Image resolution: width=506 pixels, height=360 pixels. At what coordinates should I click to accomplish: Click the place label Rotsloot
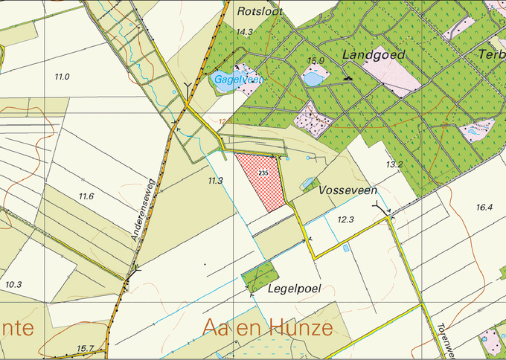tap(257, 12)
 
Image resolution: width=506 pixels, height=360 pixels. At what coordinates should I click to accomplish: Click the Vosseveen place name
tap(348, 190)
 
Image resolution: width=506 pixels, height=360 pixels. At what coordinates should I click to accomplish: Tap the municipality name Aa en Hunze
tap(267, 328)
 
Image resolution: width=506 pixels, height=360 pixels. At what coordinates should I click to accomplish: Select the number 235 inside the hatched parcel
tap(263, 172)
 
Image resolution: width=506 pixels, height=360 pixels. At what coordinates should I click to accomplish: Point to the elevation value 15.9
tap(316, 60)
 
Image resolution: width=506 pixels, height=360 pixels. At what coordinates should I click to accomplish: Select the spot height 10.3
tap(13, 285)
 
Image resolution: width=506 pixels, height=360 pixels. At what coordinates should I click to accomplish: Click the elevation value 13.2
tap(394, 164)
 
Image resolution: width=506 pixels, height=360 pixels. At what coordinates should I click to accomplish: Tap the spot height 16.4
tap(484, 208)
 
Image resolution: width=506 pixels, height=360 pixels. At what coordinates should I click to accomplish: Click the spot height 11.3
tap(215, 181)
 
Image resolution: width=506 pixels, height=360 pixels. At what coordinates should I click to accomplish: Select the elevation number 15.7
tap(86, 349)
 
